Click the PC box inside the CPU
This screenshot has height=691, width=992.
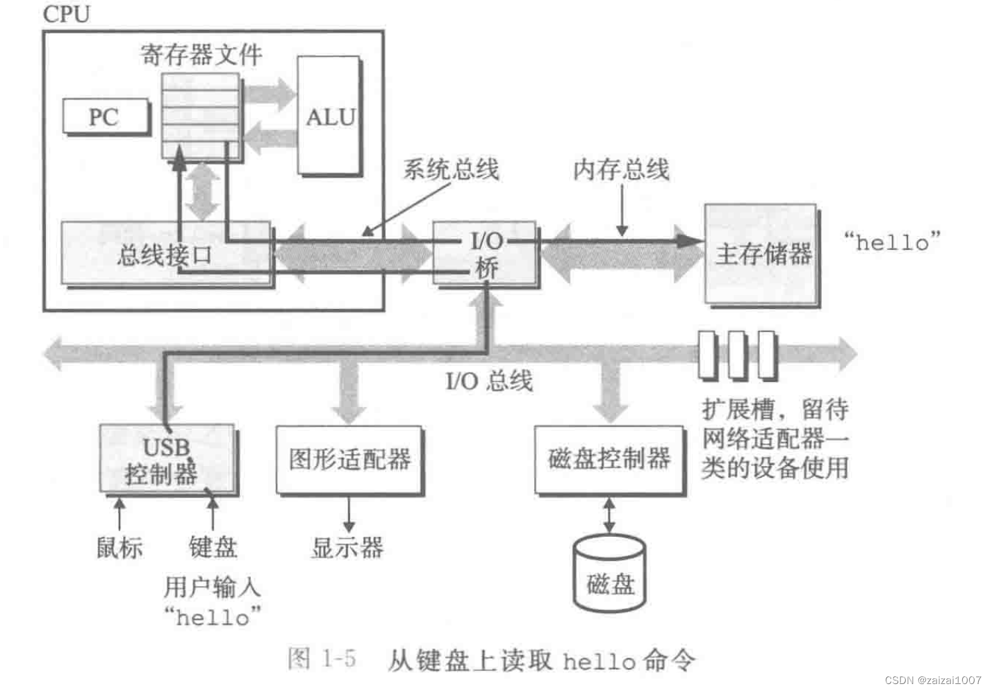tap(106, 117)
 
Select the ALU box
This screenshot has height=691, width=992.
tap(329, 116)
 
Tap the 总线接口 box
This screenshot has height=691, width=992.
tap(165, 254)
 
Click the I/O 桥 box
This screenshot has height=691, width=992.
tap(486, 253)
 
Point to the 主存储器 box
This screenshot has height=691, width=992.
tap(762, 253)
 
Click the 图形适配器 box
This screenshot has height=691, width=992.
tap(349, 459)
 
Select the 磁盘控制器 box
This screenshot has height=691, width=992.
tap(609, 459)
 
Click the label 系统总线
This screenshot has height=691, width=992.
tap(451, 169)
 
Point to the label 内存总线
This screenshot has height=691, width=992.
tap(621, 169)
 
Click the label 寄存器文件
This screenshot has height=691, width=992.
tap(201, 54)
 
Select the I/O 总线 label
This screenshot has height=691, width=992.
tap(488, 381)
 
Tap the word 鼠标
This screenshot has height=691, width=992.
tap(119, 547)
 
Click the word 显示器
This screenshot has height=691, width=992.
tap(347, 547)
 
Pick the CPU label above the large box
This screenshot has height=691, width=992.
tap(66, 14)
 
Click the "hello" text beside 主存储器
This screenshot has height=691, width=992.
tap(892, 242)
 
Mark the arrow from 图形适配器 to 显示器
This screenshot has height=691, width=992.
tap(349, 515)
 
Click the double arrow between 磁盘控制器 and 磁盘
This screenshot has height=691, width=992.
tap(609, 515)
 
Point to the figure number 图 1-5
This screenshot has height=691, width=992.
tap(322, 658)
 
